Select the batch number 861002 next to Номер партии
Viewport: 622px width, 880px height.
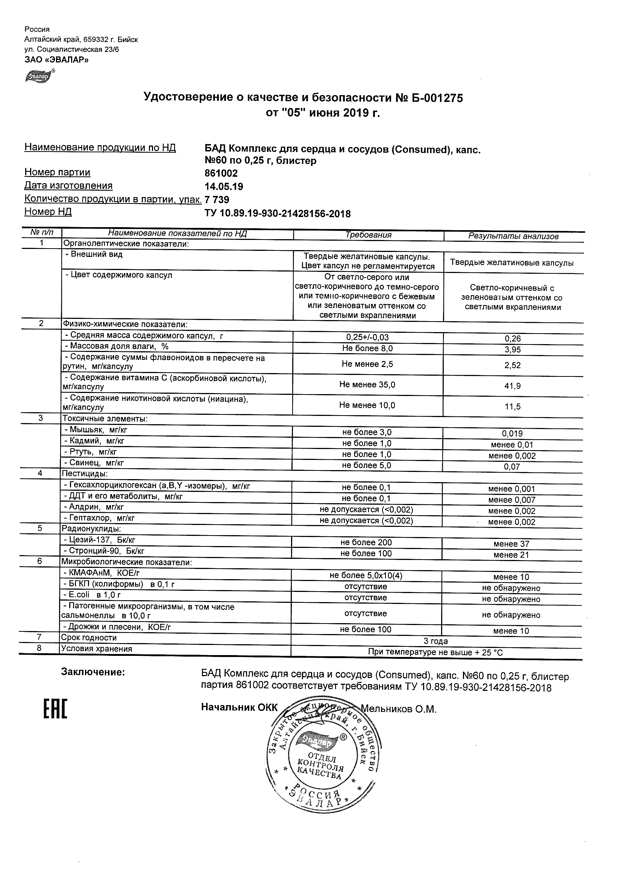[x=221, y=174]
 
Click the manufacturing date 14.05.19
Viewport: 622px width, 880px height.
[x=224, y=187]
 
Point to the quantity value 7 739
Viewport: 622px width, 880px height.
[x=217, y=200]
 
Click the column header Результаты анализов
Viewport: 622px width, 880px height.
[x=513, y=236]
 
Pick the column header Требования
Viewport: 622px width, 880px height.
[x=368, y=235]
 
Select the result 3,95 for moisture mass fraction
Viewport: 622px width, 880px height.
[x=513, y=349]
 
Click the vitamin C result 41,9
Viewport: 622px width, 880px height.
[x=513, y=386]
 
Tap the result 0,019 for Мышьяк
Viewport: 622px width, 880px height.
[x=513, y=434]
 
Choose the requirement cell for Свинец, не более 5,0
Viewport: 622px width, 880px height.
[x=367, y=465]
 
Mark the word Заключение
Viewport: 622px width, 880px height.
[x=93, y=672]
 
